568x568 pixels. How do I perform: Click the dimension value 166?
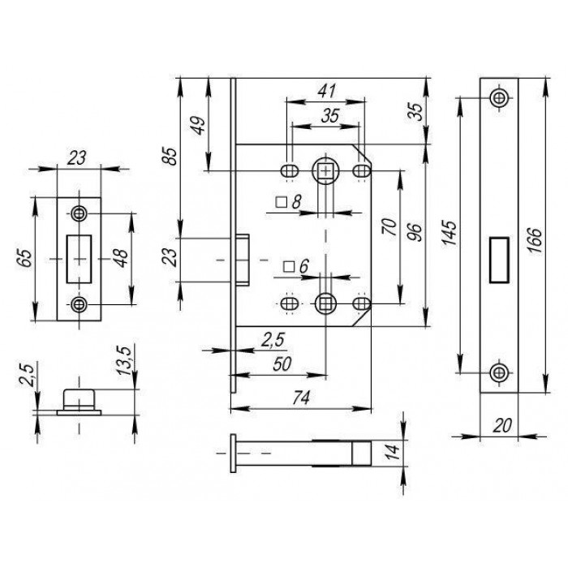534,240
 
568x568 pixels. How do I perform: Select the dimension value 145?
450,233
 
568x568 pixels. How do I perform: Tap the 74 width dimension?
301,398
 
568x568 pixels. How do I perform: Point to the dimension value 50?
282,364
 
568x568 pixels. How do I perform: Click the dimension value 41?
327,91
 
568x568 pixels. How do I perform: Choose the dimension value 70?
389,226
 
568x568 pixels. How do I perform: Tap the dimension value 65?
25,258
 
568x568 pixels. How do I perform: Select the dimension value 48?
122,258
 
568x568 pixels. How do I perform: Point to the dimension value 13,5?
124,361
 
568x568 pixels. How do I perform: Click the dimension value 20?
502,425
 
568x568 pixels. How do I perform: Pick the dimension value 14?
393,452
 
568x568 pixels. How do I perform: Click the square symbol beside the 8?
281,202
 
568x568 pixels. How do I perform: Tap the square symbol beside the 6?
289,267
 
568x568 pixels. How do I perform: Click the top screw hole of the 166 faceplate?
499,97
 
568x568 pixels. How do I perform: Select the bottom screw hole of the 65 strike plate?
79,304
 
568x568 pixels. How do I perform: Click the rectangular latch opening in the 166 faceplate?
499,260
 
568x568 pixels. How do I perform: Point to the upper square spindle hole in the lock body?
325,171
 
